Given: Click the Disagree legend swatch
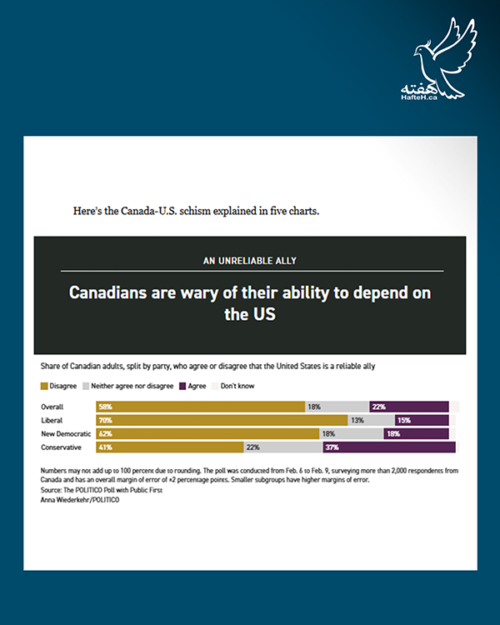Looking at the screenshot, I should [44, 387].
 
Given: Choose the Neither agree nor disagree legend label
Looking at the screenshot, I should [132, 387].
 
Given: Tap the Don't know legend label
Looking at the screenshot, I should [237, 387].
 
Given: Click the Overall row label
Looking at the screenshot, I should [54, 407].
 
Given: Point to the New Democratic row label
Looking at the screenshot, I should [67, 434].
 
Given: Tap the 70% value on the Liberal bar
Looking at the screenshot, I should [105, 420].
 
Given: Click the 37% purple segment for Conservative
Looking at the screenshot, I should [388, 447].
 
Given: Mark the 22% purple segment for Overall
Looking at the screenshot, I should [409, 407].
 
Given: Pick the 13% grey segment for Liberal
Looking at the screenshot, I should [370, 420].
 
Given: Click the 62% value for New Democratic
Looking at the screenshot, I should [105, 434].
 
